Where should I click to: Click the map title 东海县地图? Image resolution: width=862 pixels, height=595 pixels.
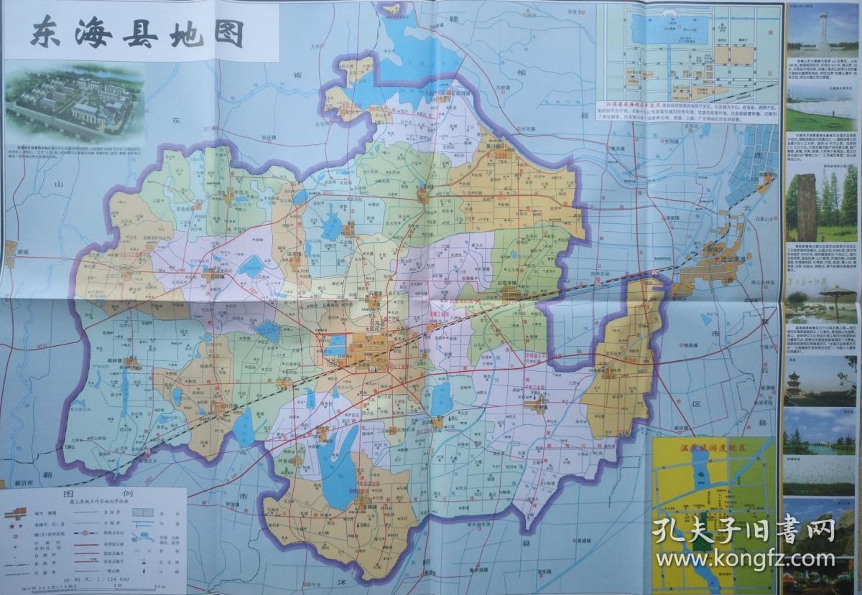pyautogui.click(x=136, y=33)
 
